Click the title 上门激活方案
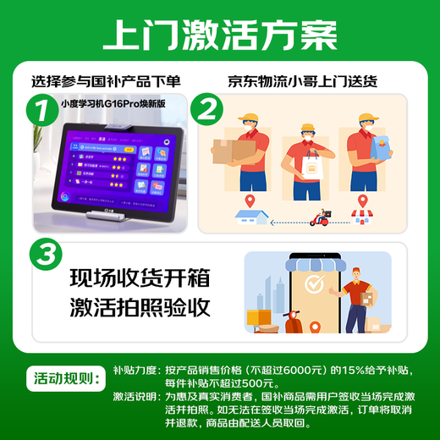pos(219,35)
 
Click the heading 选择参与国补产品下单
pos(107,82)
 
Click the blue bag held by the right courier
pos(376,149)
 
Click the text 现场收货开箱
pos(140,278)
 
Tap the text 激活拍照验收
pos(140,308)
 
